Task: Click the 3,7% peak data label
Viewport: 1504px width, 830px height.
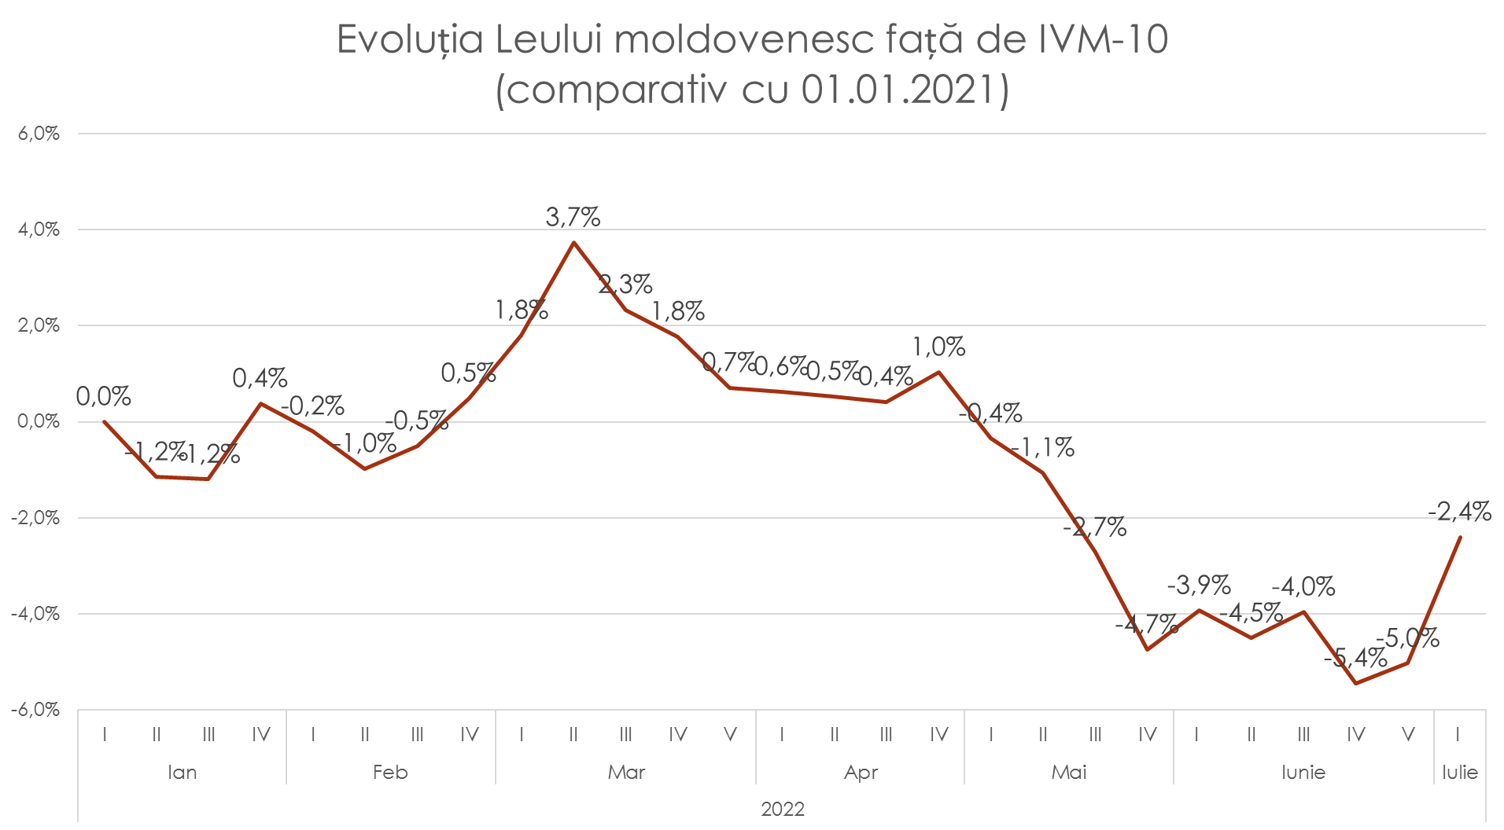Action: point(573,217)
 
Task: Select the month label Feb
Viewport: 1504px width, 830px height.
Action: point(390,773)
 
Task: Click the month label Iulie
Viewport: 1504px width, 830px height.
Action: point(1460,773)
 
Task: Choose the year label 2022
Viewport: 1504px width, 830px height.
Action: point(783,810)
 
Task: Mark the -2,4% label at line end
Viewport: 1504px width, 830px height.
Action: point(1459,512)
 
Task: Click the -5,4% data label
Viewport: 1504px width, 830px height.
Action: point(1355,658)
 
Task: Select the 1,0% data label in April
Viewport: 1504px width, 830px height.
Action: point(938,347)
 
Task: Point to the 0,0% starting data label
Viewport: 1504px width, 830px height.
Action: point(104,397)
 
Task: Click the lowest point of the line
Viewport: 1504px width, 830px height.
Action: point(1356,683)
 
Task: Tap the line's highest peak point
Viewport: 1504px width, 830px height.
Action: point(573,242)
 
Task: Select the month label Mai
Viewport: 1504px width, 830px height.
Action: point(1069,773)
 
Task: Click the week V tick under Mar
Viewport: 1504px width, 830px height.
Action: point(730,735)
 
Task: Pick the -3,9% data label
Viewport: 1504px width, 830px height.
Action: point(1198,585)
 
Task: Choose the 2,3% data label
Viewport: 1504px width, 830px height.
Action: point(625,284)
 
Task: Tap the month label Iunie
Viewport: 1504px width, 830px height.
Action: point(1303,773)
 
